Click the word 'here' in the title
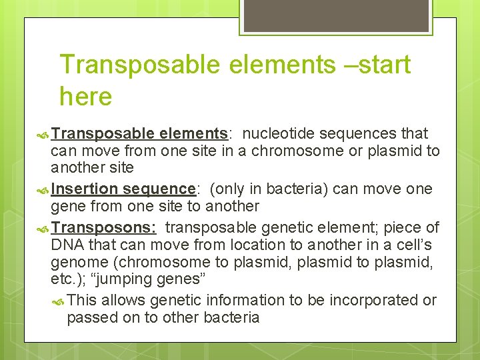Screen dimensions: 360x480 tap(85, 97)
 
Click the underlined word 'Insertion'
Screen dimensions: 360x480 tap(83, 189)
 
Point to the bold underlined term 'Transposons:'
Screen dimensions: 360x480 tap(103, 227)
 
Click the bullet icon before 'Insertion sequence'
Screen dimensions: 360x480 tap(43, 190)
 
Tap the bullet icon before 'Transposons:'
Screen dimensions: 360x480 tap(43, 228)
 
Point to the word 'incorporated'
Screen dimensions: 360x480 tap(371, 300)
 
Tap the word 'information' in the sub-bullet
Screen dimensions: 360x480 tap(241, 300)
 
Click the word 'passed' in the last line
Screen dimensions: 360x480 tap(92, 317)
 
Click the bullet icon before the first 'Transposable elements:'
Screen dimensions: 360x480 tap(43, 134)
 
